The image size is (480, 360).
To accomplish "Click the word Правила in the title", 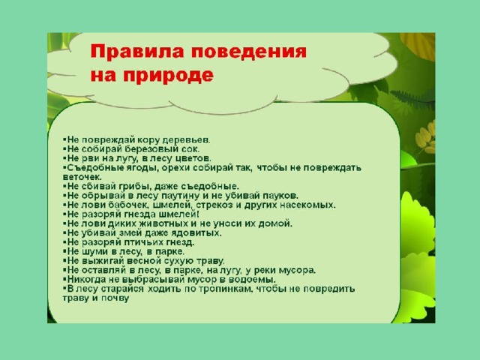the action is click(137, 51).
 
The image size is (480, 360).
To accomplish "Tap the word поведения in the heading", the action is click(249, 51).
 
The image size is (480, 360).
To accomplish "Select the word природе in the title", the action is click(168, 76).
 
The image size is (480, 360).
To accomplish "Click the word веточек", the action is click(82, 177).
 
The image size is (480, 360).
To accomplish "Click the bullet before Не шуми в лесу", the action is click(64, 250).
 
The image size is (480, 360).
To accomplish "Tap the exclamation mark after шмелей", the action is click(198, 214).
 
